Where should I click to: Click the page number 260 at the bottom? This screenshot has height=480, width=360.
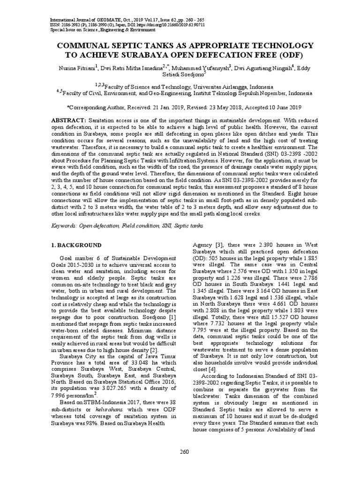[x=184, y=452]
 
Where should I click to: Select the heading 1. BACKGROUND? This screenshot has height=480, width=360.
[x=75, y=245]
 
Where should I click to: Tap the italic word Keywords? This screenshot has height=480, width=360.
[x=64, y=225]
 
